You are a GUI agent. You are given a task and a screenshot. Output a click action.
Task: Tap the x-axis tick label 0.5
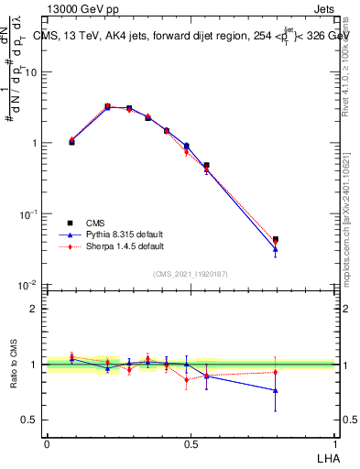[191, 442]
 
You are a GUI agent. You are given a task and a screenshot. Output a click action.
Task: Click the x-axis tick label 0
[47, 442]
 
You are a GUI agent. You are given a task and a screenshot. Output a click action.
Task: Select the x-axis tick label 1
[335, 442]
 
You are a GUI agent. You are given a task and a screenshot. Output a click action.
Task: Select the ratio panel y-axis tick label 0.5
[31, 420]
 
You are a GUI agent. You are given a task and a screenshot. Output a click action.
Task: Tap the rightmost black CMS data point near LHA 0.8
[276, 239]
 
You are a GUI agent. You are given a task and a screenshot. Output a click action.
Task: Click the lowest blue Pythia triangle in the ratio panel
[276, 390]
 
